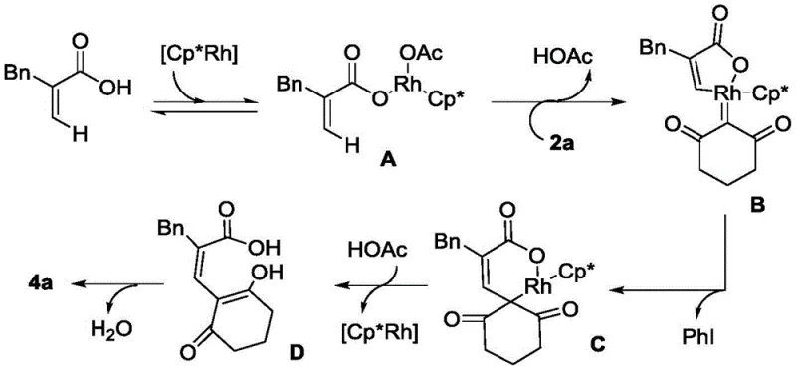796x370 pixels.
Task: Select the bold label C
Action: tap(569, 345)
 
